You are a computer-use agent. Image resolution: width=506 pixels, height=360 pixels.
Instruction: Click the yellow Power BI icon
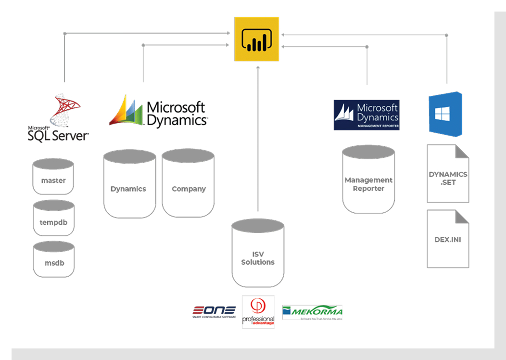click(256, 39)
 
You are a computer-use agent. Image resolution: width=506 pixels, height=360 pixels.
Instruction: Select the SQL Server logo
click(58, 118)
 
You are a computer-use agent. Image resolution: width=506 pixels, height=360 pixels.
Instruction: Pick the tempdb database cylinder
click(53, 219)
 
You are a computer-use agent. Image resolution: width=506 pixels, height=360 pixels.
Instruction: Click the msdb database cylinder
click(53, 259)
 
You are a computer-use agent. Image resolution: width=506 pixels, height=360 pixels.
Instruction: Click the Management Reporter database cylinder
click(368, 180)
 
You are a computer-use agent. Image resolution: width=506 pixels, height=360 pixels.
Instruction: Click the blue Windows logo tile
click(445, 114)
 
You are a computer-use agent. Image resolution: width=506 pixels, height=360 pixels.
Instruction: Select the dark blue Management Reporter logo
click(367, 115)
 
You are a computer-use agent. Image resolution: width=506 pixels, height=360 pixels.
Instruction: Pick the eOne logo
click(214, 312)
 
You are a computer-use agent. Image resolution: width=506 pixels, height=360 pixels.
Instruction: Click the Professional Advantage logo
click(258, 312)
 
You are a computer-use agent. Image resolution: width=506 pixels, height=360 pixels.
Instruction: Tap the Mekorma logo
click(312, 312)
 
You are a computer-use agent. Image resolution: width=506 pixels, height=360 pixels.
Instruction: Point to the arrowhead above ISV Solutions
click(258, 67)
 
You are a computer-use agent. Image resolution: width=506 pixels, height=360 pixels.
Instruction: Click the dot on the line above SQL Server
click(64, 33)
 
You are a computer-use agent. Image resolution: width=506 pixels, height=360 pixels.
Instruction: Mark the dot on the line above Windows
click(446, 35)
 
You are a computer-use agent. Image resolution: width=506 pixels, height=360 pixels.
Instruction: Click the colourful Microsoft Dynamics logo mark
click(126, 110)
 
